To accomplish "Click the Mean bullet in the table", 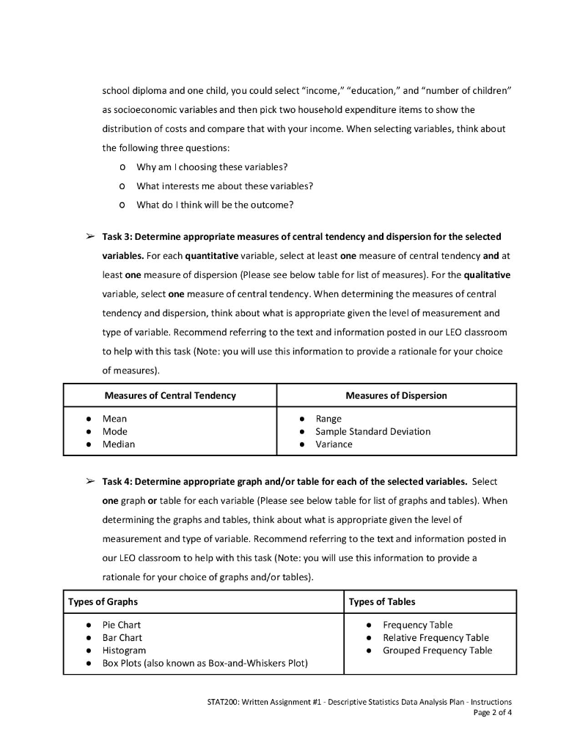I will (114, 419).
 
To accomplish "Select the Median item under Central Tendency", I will (118, 444).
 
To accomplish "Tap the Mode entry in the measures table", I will (114, 431).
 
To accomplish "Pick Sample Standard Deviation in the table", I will (372, 431).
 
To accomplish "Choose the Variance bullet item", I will (334, 444).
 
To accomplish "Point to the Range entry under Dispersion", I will (328, 419).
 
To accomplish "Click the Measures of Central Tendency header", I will (170, 395).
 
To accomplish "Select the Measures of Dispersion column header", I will (396, 395).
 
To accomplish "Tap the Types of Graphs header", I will (103, 601).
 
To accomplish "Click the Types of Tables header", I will (382, 601).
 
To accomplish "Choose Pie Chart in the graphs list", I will (122, 625).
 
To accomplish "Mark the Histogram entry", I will (124, 650).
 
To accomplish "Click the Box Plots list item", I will (205, 663).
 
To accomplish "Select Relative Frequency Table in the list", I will (436, 637).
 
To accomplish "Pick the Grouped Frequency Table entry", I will (438, 650).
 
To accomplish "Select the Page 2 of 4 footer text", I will (493, 711).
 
